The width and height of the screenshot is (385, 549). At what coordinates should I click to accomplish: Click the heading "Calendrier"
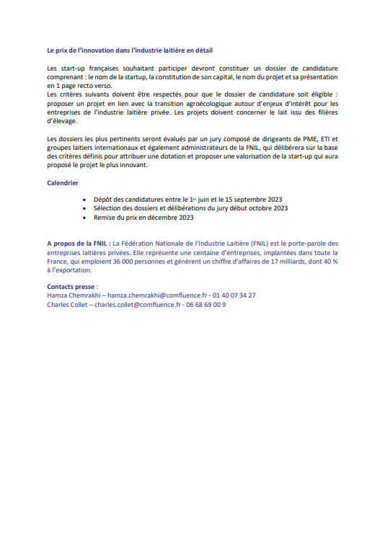pos(63,183)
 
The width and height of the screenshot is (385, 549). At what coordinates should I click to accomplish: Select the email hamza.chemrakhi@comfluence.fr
pos(151,295)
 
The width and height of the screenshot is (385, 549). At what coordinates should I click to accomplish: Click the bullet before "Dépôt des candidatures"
pos(86,198)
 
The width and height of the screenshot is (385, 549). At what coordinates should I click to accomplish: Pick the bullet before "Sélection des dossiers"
pos(86,207)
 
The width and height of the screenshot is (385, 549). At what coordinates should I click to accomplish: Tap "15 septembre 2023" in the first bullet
pos(257,198)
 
